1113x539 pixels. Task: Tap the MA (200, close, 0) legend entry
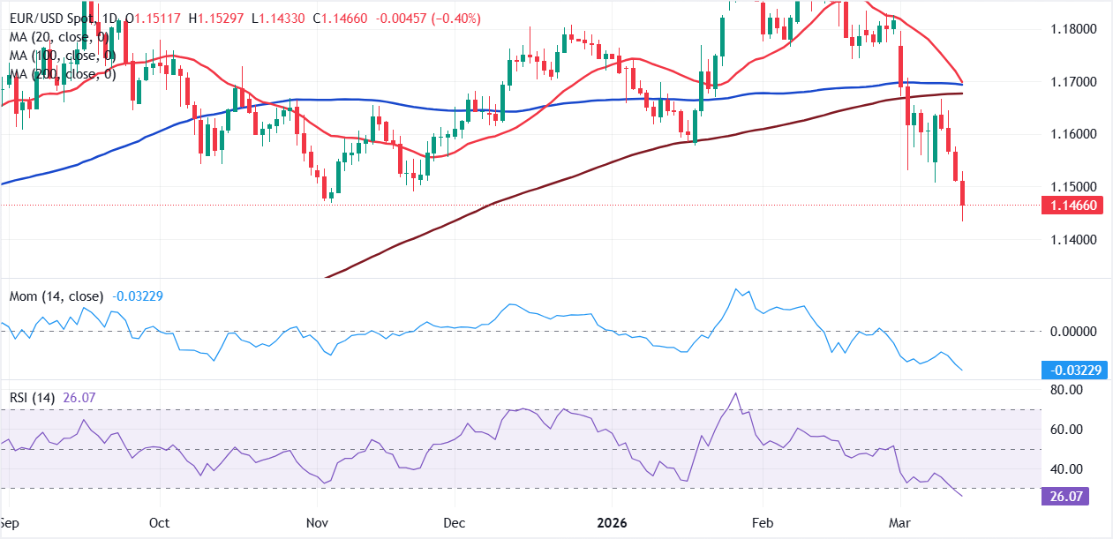click(63, 74)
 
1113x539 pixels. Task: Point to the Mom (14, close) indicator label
click(56, 296)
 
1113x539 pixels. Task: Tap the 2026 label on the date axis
click(610, 522)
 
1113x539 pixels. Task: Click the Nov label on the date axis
click(316, 522)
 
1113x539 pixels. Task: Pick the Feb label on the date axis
click(763, 522)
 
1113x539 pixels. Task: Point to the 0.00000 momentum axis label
click(1067, 332)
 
